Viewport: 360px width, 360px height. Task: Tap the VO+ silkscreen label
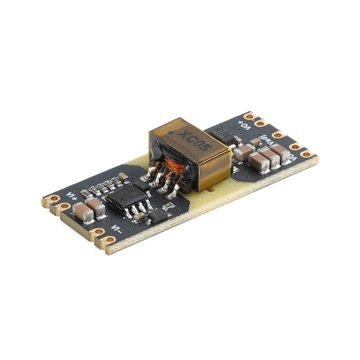[x=244, y=124]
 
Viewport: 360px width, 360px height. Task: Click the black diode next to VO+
[x=221, y=134]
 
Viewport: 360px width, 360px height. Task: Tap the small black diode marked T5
[x=158, y=216]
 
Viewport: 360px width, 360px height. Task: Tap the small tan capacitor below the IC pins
[x=139, y=217]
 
